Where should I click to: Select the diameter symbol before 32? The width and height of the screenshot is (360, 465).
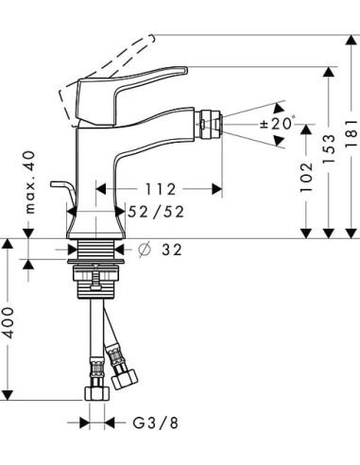pyautogui.click(x=146, y=250)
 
